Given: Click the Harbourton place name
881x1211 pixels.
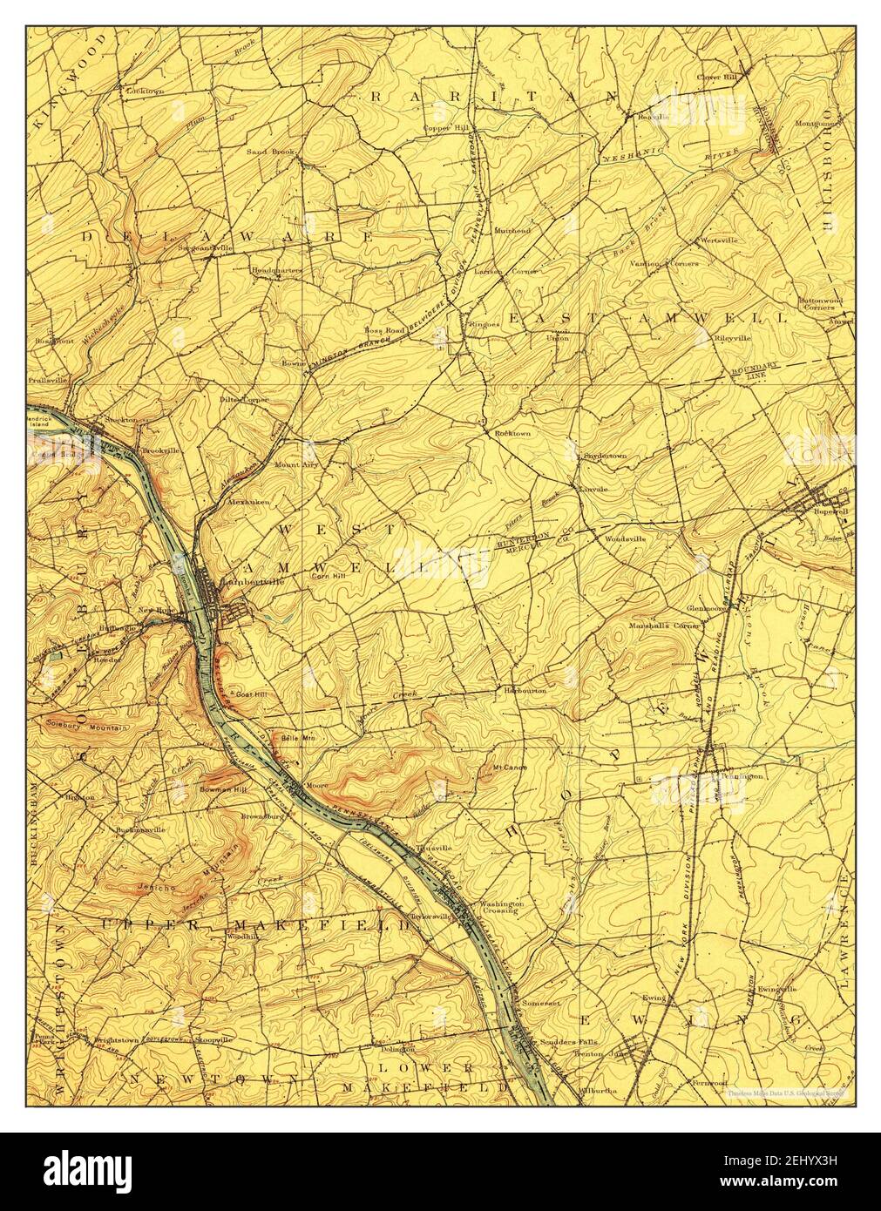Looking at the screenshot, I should pos(525,690).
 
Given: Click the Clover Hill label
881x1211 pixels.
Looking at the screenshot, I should pos(717,78).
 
